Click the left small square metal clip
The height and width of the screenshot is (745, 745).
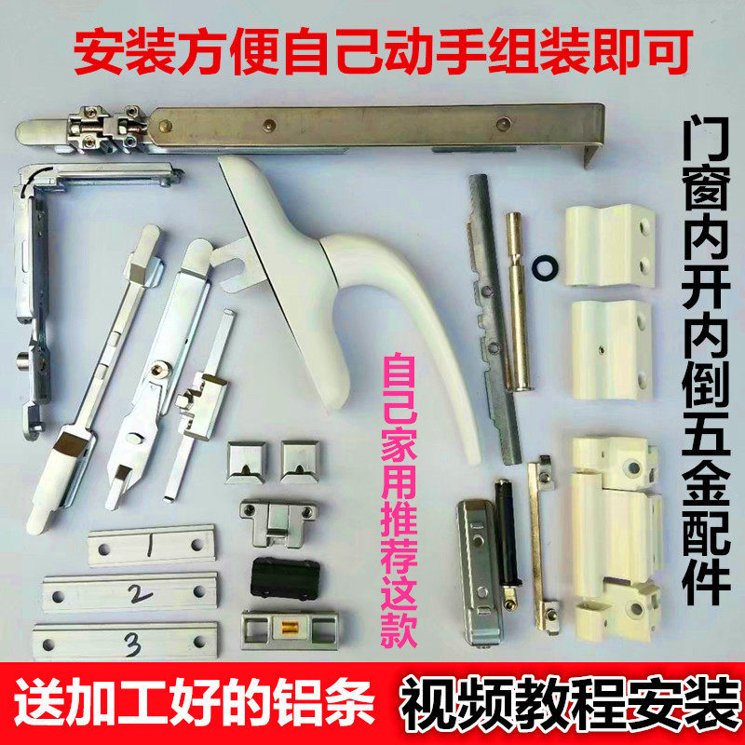tap(246, 458)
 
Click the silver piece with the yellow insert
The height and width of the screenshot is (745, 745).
tap(282, 627)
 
